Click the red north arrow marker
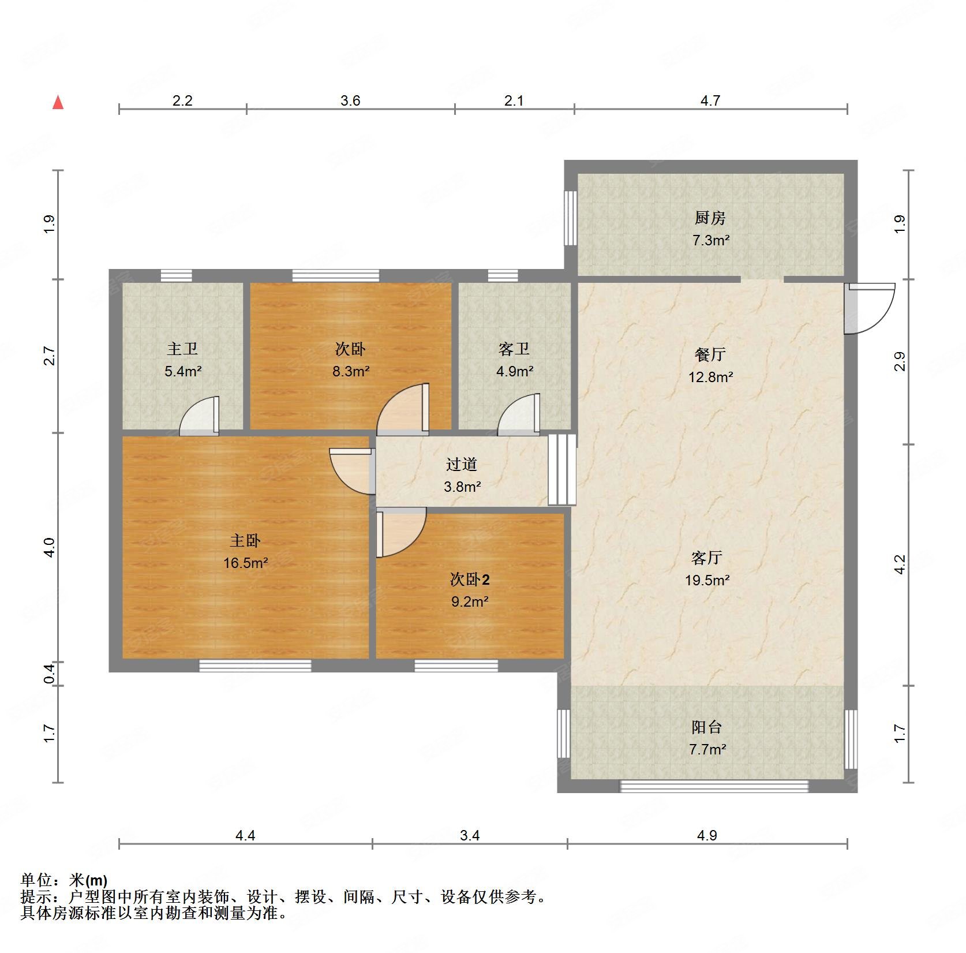(x=58, y=103)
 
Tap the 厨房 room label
(x=710, y=218)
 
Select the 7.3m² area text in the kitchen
(x=711, y=240)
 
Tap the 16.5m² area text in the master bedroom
(x=246, y=563)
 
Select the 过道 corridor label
(x=462, y=464)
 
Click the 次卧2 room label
(x=470, y=579)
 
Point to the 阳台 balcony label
(x=707, y=727)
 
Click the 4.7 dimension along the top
(x=710, y=101)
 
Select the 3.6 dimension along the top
(x=350, y=101)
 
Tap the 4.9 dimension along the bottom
(x=707, y=835)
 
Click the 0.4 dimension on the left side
(x=50, y=674)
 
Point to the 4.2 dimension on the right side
(x=900, y=565)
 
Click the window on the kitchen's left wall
(x=570, y=218)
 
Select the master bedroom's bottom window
(x=255, y=666)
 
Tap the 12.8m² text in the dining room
(x=710, y=378)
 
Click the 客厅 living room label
(x=707, y=558)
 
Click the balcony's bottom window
(x=714, y=786)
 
